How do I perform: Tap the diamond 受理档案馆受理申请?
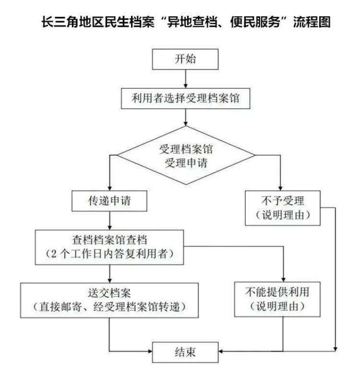(x=186, y=156)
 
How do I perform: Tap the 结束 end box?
(x=185, y=352)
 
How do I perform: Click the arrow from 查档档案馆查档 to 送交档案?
(x=110, y=272)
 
